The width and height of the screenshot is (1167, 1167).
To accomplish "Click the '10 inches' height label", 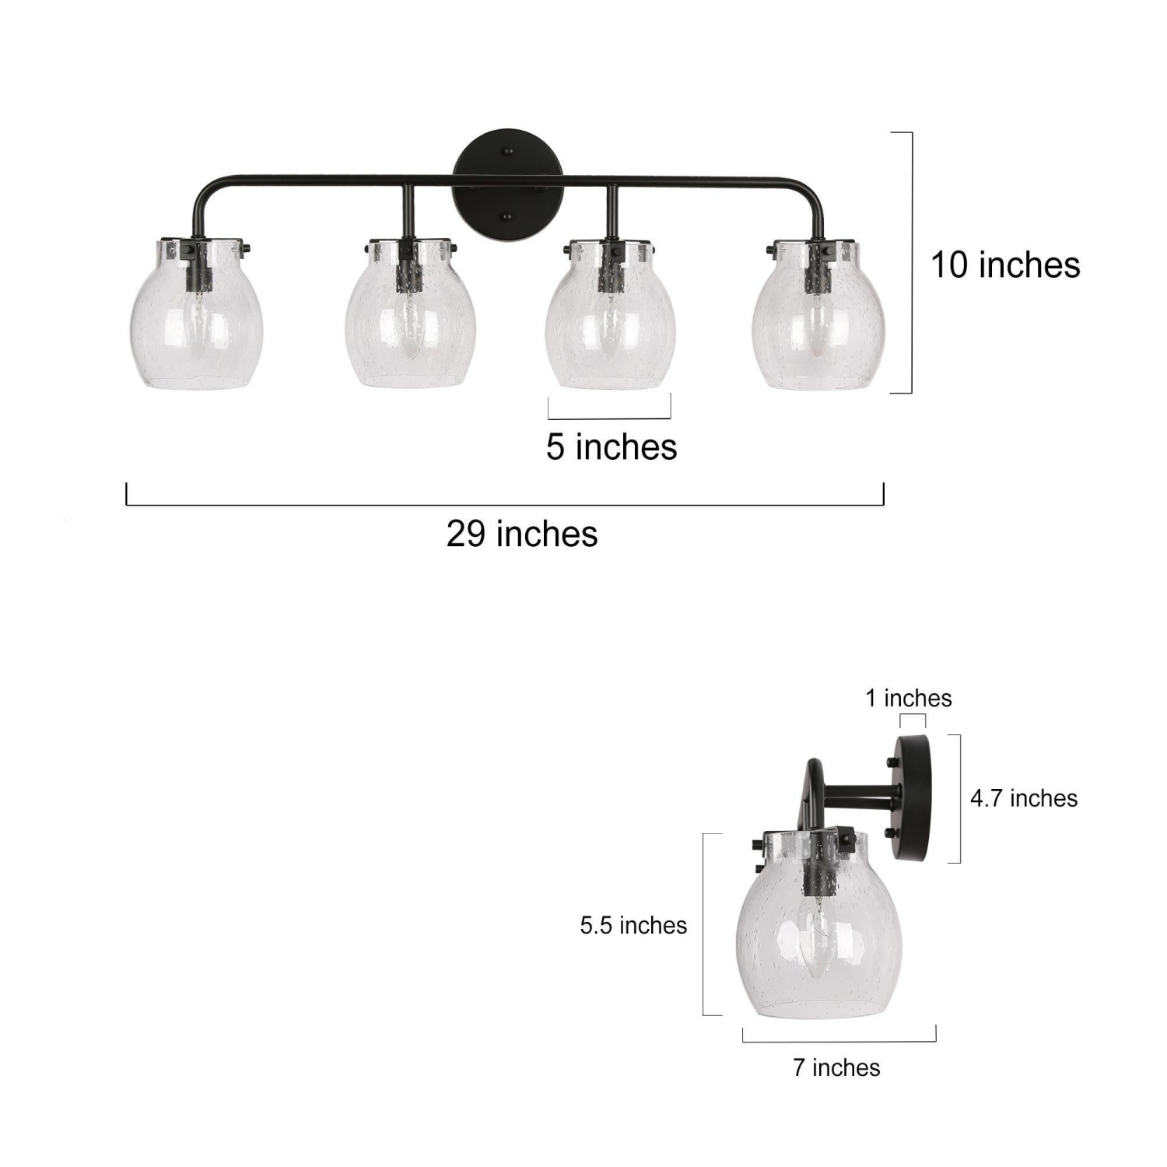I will pos(1005,265).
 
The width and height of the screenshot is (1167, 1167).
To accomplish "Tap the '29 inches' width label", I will pos(522,534).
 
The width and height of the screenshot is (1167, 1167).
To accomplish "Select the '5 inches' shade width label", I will pos(612,447).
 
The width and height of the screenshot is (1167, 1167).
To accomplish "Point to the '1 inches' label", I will pos(909,699).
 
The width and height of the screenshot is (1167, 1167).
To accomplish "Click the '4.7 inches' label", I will pos(1024,799).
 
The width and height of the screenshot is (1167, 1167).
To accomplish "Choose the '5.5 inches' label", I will pos(633,926).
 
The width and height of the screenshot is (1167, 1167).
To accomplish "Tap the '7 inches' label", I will pos(836,1068).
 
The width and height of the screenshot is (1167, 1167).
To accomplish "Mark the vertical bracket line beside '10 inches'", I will pos(911,263).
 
